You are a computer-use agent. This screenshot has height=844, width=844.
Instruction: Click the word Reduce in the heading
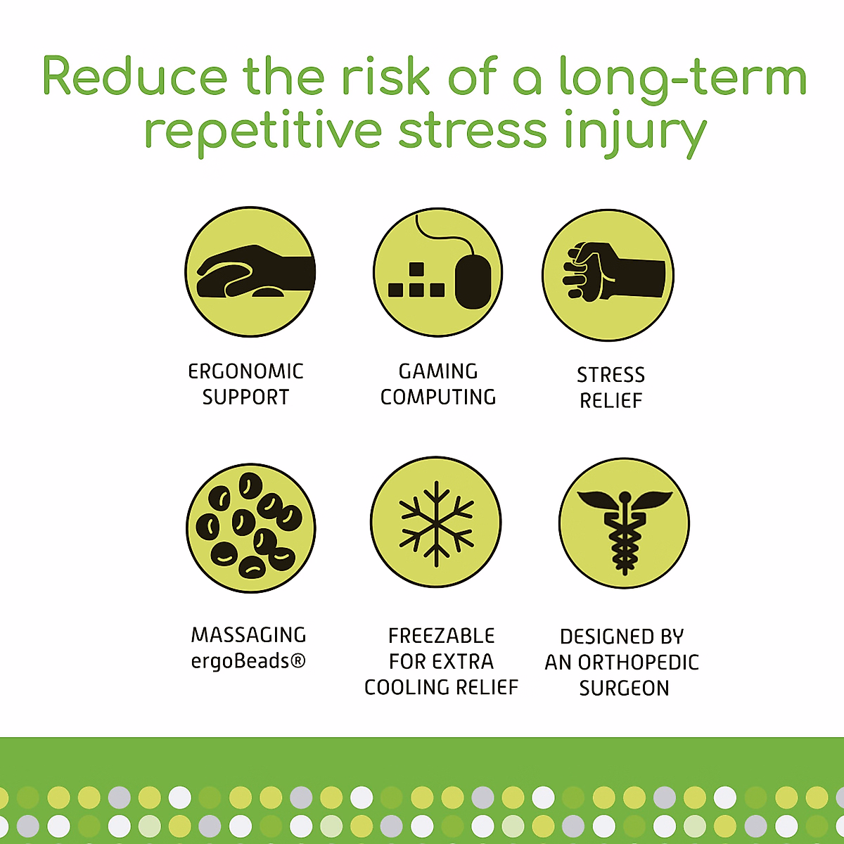pyautogui.click(x=135, y=76)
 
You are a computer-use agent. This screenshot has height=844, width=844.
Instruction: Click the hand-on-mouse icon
pyautogui.click(x=250, y=272)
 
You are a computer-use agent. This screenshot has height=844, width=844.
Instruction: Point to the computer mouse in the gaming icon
pyautogui.click(x=473, y=281)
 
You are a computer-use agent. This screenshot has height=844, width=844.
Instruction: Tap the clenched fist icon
pyautogui.click(x=608, y=275)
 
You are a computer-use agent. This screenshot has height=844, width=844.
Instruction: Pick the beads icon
pyautogui.click(x=250, y=528)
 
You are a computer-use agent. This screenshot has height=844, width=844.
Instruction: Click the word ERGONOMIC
pyautogui.click(x=245, y=372)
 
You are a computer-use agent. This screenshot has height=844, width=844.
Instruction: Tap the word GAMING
pyautogui.click(x=438, y=371)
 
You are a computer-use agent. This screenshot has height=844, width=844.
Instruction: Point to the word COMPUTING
pyautogui.click(x=438, y=397)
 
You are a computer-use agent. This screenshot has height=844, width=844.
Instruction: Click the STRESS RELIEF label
pyautogui.click(x=611, y=388)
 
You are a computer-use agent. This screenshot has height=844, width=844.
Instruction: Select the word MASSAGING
pyautogui.click(x=249, y=635)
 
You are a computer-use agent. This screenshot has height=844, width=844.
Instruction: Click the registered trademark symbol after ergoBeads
pyautogui.click(x=298, y=661)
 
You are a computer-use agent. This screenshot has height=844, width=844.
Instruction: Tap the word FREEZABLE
pyautogui.click(x=442, y=636)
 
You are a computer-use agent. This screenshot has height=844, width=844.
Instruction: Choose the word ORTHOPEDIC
pyautogui.click(x=639, y=663)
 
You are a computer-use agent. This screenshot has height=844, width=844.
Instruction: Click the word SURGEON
pyautogui.click(x=624, y=688)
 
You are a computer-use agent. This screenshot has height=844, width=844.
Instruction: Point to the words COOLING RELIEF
pyautogui.click(x=442, y=687)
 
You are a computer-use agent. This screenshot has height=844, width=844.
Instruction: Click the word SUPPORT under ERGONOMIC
pyautogui.click(x=245, y=397)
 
